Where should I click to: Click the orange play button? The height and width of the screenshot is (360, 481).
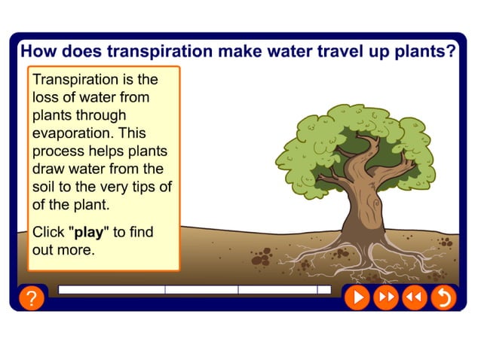coord(357,297)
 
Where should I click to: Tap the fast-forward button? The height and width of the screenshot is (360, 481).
coord(385,297)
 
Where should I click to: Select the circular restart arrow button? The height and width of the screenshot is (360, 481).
coord(443,297)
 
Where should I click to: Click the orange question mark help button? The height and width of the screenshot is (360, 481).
coord(30,298)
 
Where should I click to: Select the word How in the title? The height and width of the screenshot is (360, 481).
coord(35,51)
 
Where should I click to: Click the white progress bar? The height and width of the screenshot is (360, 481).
coord(194,289)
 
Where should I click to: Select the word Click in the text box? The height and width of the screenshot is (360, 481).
coord(48,232)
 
